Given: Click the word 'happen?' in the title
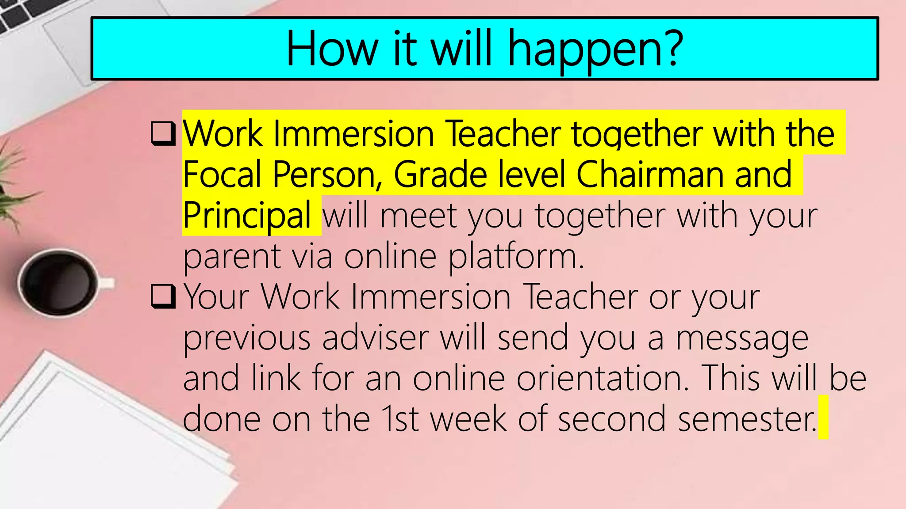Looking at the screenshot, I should [x=595, y=49].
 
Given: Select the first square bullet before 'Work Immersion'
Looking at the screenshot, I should [x=163, y=133].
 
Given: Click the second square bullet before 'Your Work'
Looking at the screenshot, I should [x=163, y=296].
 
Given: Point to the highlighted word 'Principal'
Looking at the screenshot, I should [x=247, y=215].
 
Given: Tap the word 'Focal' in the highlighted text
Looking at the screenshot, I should [x=222, y=175].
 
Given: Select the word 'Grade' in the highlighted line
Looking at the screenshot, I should [x=440, y=175].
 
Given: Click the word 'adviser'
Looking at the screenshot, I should [x=375, y=338].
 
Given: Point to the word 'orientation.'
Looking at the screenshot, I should [x=603, y=378].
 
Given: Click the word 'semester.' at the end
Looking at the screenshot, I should [x=747, y=419].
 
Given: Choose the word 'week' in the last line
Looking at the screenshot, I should [x=468, y=419].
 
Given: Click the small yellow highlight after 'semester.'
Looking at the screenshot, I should [x=823, y=418].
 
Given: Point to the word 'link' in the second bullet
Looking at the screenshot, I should [x=276, y=378].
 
